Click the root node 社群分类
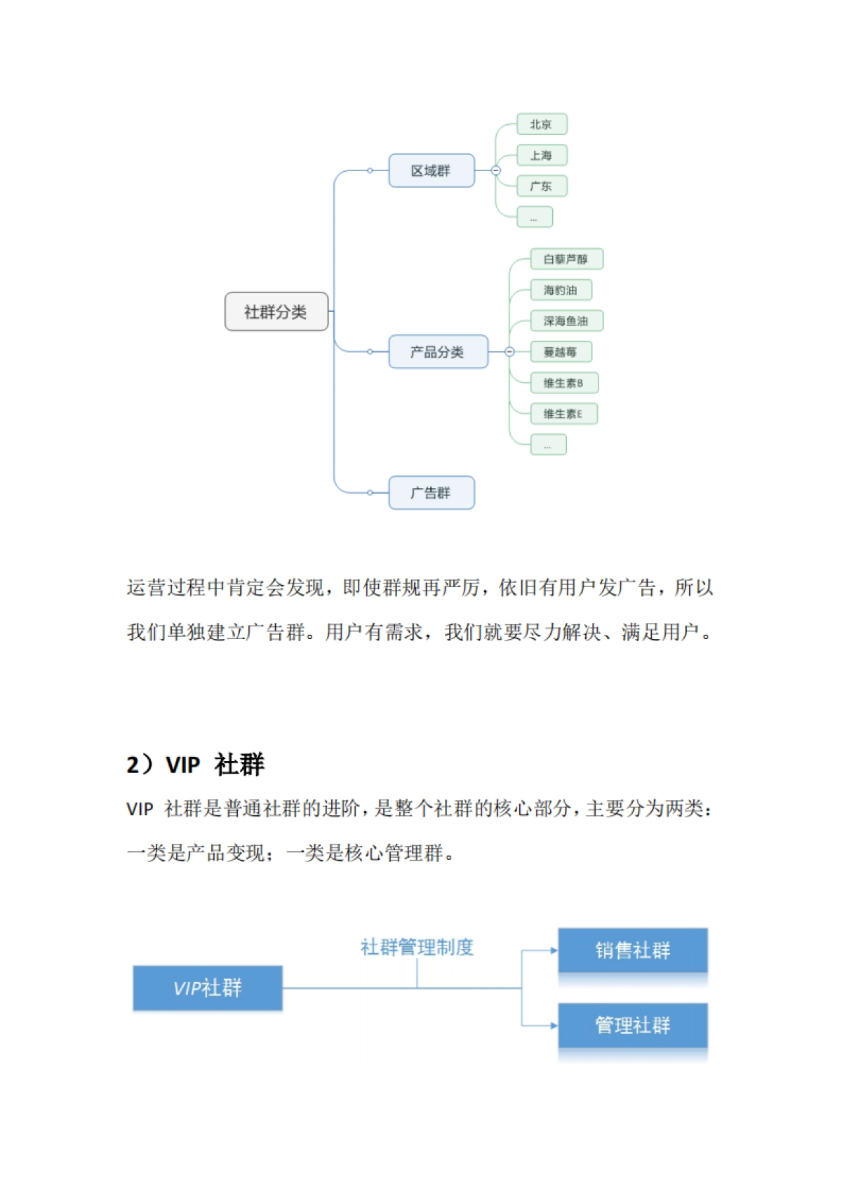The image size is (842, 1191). (x=276, y=311)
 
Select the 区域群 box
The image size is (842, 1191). (x=431, y=170)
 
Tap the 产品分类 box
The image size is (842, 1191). (x=437, y=351)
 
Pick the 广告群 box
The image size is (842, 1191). (x=431, y=492)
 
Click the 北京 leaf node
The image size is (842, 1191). (x=541, y=124)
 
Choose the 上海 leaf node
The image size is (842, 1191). (x=541, y=155)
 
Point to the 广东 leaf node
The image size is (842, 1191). (x=541, y=186)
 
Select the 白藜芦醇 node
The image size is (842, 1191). (x=566, y=259)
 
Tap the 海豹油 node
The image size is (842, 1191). (x=561, y=290)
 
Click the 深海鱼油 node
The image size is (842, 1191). (x=566, y=321)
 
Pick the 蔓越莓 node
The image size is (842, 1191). (x=561, y=351)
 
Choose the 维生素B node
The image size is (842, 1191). (x=563, y=382)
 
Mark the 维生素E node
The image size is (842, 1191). (x=563, y=413)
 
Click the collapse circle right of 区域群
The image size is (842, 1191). (x=496, y=170)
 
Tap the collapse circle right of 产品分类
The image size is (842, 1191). (x=509, y=351)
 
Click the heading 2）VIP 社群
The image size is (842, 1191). (x=195, y=764)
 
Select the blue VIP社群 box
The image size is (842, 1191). (x=208, y=988)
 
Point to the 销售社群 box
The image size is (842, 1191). (x=632, y=950)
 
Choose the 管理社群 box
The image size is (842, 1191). (x=632, y=1025)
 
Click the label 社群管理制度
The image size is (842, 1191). (x=417, y=947)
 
